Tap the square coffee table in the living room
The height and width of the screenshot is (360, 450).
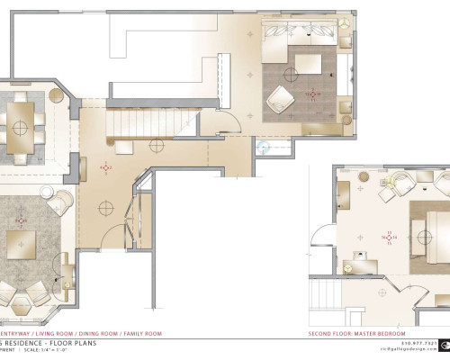19,244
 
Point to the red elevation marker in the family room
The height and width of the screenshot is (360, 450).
313,93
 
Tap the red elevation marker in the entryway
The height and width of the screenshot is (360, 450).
105,167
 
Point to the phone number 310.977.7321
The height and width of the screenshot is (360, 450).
418,343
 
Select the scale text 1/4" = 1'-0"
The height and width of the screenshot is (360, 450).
76,352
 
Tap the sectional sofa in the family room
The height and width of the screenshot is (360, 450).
301,35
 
